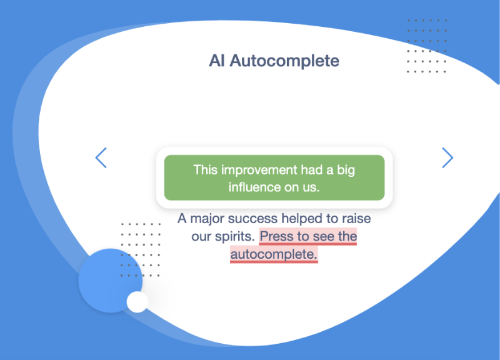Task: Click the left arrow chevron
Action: pos(101,157)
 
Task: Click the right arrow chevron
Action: pos(447,157)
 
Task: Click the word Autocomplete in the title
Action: pos(284,61)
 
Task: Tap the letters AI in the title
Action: pos(217,61)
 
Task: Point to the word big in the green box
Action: pos(346,170)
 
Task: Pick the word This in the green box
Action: pos(206,169)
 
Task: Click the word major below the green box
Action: pos(207,219)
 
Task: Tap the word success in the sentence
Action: pos(252,219)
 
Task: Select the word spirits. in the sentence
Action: pos(235,237)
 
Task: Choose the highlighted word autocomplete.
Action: pos(274,254)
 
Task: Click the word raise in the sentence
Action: pos(356,219)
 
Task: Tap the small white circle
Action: pos(137,302)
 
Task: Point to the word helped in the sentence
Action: pos(302,219)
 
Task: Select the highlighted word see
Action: pos(323,237)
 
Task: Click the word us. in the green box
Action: pos(311,187)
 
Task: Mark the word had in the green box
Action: pos(311,169)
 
